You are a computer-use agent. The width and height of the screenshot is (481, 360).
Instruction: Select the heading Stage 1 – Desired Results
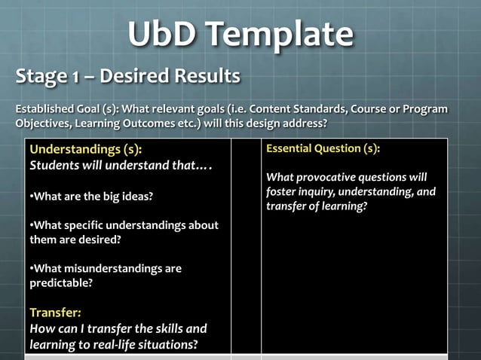(128, 76)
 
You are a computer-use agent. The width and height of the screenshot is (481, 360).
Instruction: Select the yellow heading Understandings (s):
(85, 149)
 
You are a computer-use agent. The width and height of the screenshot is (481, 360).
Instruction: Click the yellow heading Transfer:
(54, 312)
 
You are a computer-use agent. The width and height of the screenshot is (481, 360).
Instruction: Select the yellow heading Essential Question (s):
(323, 149)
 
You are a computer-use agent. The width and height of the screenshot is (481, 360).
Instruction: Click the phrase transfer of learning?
(317, 206)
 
